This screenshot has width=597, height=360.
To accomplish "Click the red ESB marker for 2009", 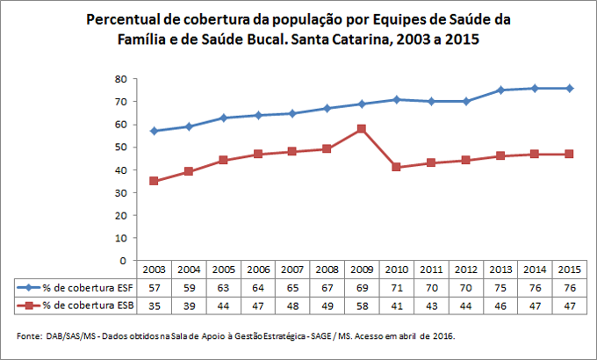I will [x=361, y=129].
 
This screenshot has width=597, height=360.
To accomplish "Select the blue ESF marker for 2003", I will [x=154, y=131].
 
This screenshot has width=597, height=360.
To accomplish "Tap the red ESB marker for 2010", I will [x=396, y=167].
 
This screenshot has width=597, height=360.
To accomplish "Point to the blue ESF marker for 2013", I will [x=500, y=90].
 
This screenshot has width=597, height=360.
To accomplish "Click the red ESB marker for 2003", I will [x=154, y=181].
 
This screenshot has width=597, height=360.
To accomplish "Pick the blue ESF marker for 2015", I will [x=569, y=88].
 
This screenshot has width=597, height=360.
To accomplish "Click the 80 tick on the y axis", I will [x=124, y=79].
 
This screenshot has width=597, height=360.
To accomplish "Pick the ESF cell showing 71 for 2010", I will [x=396, y=287].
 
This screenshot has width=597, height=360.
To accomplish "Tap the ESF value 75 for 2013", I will [x=500, y=287].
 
